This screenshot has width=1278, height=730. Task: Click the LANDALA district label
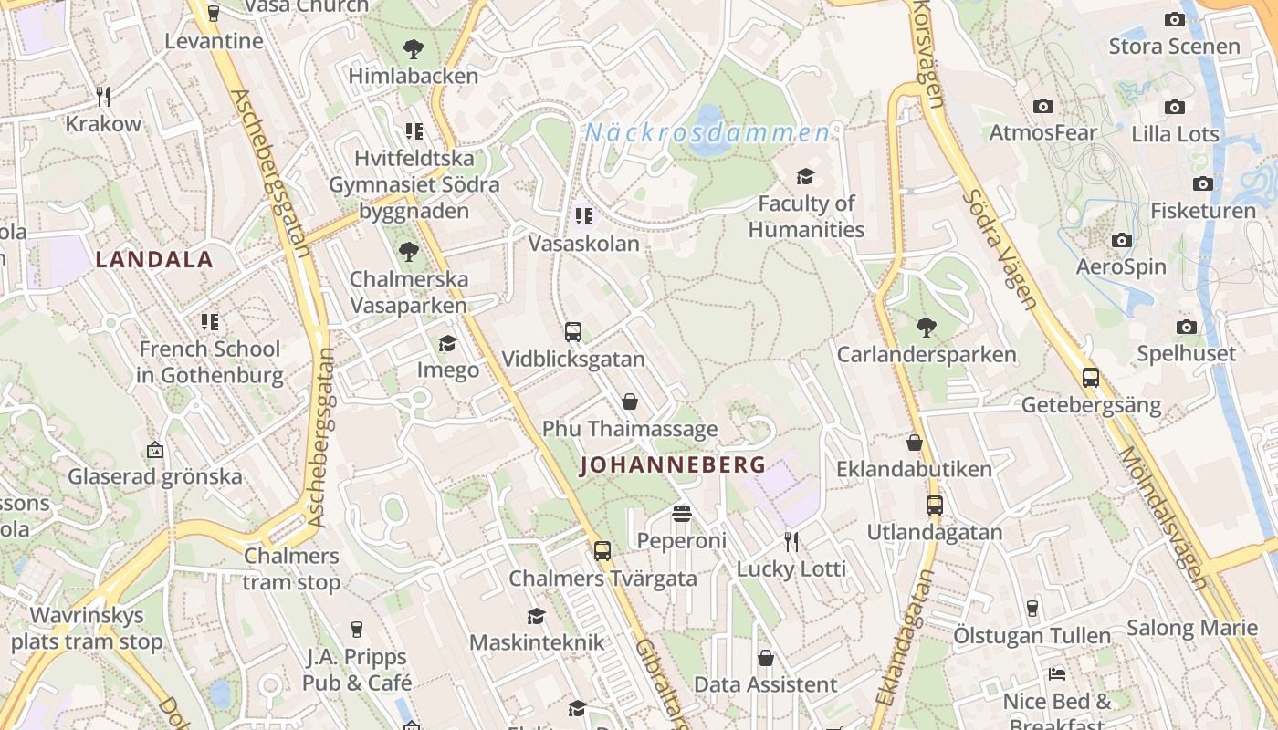154,260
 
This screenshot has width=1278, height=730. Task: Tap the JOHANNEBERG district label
674,465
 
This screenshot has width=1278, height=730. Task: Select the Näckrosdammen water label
707,133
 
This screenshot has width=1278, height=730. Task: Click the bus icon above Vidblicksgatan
573,332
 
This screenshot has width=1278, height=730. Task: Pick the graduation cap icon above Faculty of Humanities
805,176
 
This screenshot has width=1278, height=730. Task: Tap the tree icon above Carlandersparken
927,327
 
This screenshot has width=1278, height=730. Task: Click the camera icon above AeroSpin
1122,241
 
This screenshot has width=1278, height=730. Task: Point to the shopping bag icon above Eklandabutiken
915,443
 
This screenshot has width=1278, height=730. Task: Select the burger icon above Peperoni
681,514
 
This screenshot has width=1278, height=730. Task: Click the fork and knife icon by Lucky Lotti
791,542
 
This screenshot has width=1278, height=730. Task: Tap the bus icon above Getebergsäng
1091,378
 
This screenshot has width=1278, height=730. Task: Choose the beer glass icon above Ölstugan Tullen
1032,608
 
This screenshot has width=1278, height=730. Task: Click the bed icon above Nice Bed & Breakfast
1057,675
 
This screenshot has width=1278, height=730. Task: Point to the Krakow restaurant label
103,124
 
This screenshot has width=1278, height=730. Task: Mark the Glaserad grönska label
155,476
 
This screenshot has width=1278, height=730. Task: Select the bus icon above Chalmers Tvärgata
602,551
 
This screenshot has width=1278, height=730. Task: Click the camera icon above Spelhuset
1187,327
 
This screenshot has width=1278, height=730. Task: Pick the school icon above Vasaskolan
584,216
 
